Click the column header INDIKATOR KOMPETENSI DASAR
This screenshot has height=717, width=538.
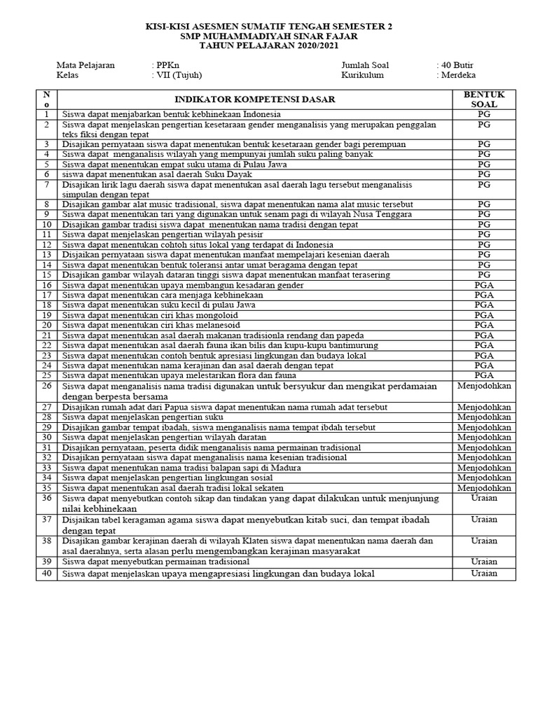point(255,99)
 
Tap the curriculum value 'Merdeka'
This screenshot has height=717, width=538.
point(458,76)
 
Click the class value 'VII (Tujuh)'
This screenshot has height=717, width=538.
point(175,76)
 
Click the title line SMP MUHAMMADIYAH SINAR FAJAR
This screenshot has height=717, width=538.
point(269,36)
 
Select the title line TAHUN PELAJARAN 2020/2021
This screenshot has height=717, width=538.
point(269,46)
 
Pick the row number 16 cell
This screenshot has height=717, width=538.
point(46,286)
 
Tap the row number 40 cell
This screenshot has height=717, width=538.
point(46,573)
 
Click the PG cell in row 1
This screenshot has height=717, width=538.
point(483,113)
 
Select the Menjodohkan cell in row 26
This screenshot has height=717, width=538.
point(483,387)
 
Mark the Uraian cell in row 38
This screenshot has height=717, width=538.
point(483,541)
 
